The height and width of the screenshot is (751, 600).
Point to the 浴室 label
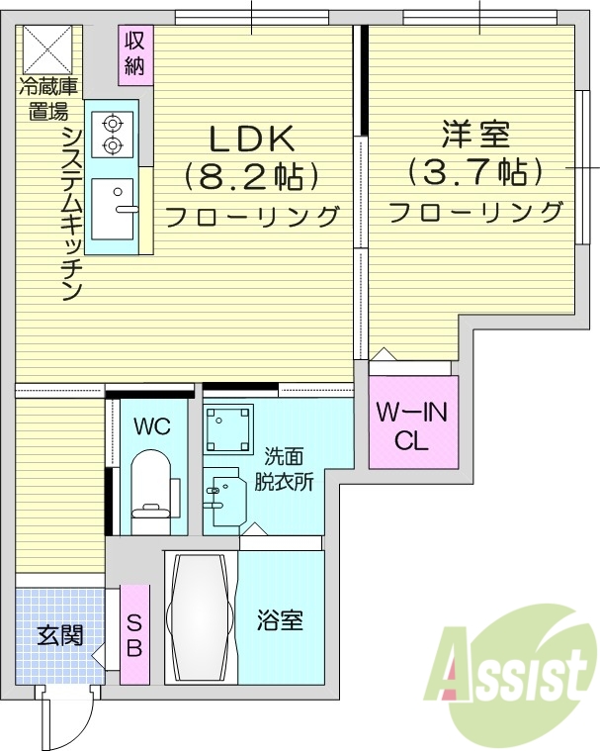(280, 621)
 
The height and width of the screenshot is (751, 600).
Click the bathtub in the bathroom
(201, 617)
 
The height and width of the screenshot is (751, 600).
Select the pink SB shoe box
(134, 633)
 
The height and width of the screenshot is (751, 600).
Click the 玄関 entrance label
(59, 634)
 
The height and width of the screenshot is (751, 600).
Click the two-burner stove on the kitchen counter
(112, 135)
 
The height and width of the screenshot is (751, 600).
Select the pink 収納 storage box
(135, 54)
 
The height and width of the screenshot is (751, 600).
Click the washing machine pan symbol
(228, 428)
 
